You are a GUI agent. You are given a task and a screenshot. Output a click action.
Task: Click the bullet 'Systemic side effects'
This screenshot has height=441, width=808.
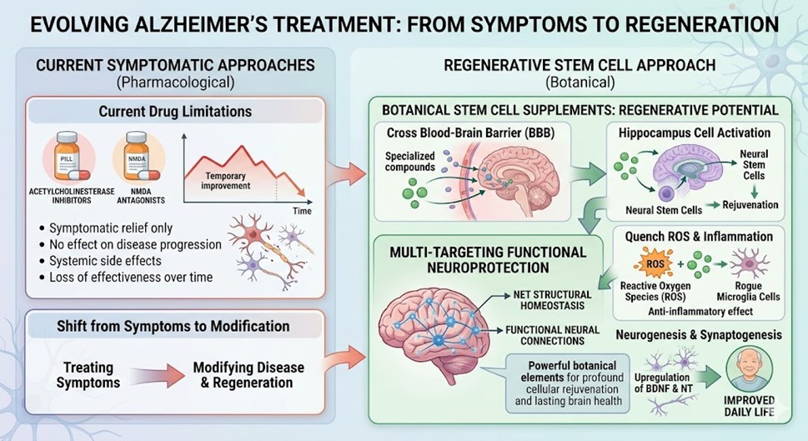[113, 261]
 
